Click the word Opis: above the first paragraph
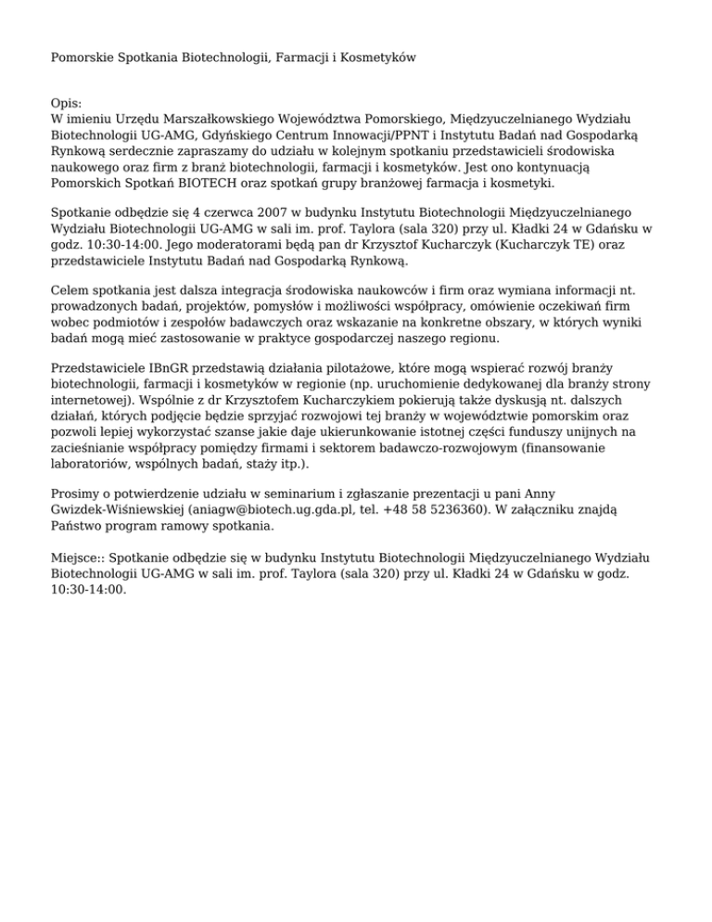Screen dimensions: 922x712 pyautogui.click(x=67, y=104)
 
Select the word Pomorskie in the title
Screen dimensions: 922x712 pyautogui.click(x=81, y=58)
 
